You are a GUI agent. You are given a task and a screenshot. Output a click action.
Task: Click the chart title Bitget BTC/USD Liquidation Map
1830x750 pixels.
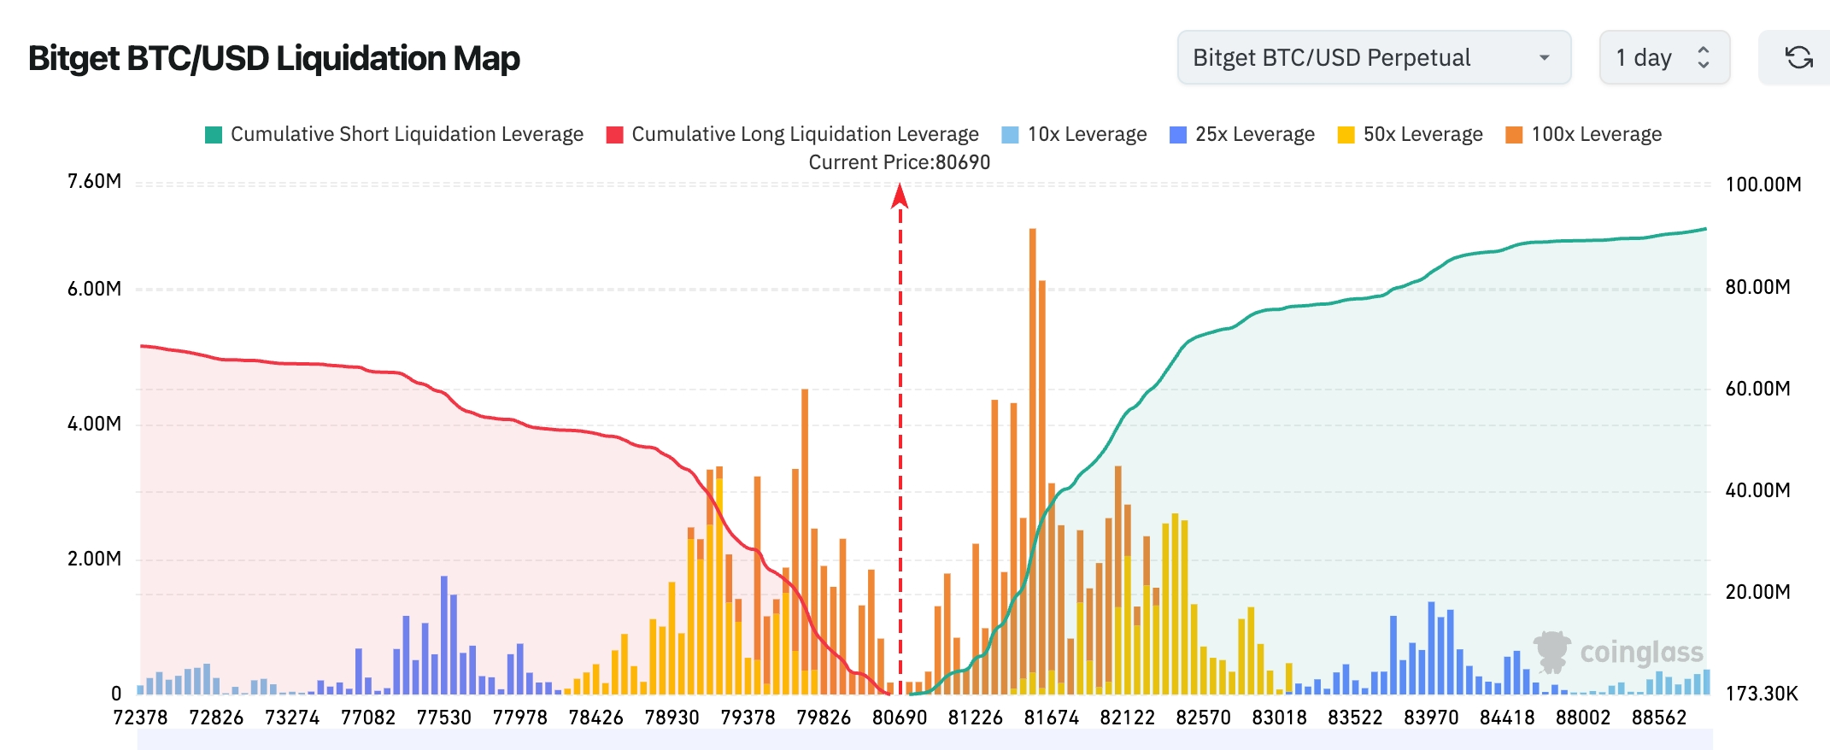tap(274, 58)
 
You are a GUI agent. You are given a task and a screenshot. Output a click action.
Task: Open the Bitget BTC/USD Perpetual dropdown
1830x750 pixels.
tap(1374, 57)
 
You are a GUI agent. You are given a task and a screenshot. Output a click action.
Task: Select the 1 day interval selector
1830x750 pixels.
tap(1664, 57)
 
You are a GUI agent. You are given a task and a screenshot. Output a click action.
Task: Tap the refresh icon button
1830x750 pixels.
tap(1798, 57)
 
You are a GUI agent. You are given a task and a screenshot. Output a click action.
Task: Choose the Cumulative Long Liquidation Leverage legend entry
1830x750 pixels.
tap(793, 134)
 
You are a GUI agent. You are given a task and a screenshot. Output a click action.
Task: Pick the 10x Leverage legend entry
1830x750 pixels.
tap(1074, 134)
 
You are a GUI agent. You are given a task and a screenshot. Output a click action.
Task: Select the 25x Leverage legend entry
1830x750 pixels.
tap(1242, 134)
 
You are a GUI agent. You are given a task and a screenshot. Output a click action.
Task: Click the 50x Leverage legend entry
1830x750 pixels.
tap(1411, 134)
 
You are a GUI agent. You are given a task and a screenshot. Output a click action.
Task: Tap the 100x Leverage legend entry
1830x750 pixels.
tap(1584, 134)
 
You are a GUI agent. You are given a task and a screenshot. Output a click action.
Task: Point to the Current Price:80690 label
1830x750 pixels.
tap(900, 162)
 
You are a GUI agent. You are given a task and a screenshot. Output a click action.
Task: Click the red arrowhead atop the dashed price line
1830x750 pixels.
tap(900, 196)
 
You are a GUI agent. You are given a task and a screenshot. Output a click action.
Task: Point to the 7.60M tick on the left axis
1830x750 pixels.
tap(95, 181)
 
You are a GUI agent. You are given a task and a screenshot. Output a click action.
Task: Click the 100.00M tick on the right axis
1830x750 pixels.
tap(1763, 185)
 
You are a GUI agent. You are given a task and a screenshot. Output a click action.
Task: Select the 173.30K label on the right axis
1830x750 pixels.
tap(1762, 693)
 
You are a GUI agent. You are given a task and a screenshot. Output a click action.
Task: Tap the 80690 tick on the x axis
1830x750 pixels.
tap(900, 718)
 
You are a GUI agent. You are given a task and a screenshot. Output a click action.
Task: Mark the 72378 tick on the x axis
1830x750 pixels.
tap(141, 718)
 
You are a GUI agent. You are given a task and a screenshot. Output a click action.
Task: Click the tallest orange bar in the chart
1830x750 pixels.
tap(1033, 461)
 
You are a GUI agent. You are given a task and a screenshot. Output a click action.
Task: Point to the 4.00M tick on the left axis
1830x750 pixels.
tap(95, 424)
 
